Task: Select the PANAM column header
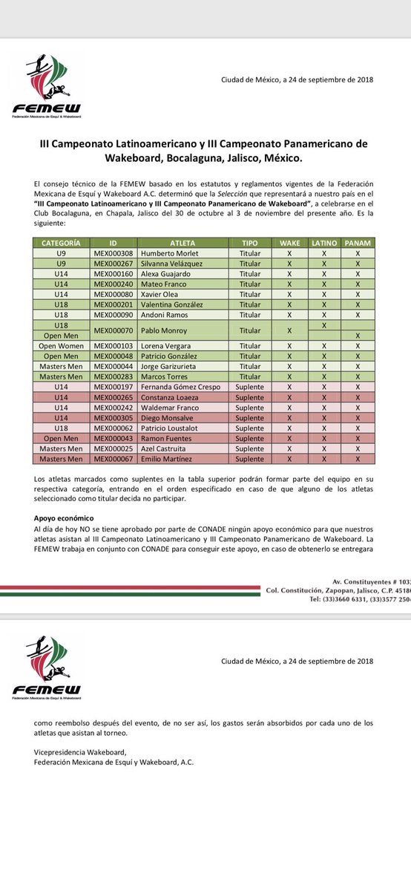tap(358, 243)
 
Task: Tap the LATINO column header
tap(323, 243)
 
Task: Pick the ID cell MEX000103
tap(113, 346)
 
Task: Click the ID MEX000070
tap(113, 330)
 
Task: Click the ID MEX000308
tap(113, 253)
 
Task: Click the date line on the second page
tap(297, 662)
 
